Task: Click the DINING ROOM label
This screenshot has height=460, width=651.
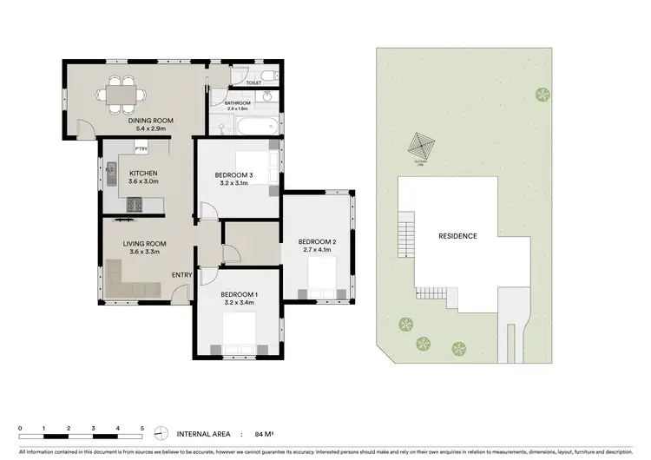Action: click(x=152, y=121)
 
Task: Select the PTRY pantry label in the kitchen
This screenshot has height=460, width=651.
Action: click(x=140, y=149)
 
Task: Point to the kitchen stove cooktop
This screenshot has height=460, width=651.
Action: click(x=136, y=205)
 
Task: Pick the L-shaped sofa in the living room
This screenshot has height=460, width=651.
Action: click(x=130, y=286)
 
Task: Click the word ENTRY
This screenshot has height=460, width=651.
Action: click(x=181, y=275)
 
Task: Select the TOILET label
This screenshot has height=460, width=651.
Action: click(x=253, y=83)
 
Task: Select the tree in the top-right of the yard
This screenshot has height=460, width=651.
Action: click(x=543, y=94)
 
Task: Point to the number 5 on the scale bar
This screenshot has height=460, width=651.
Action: click(x=141, y=429)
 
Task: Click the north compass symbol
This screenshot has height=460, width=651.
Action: click(x=160, y=434)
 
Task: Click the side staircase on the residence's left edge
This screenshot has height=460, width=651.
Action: click(x=403, y=235)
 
